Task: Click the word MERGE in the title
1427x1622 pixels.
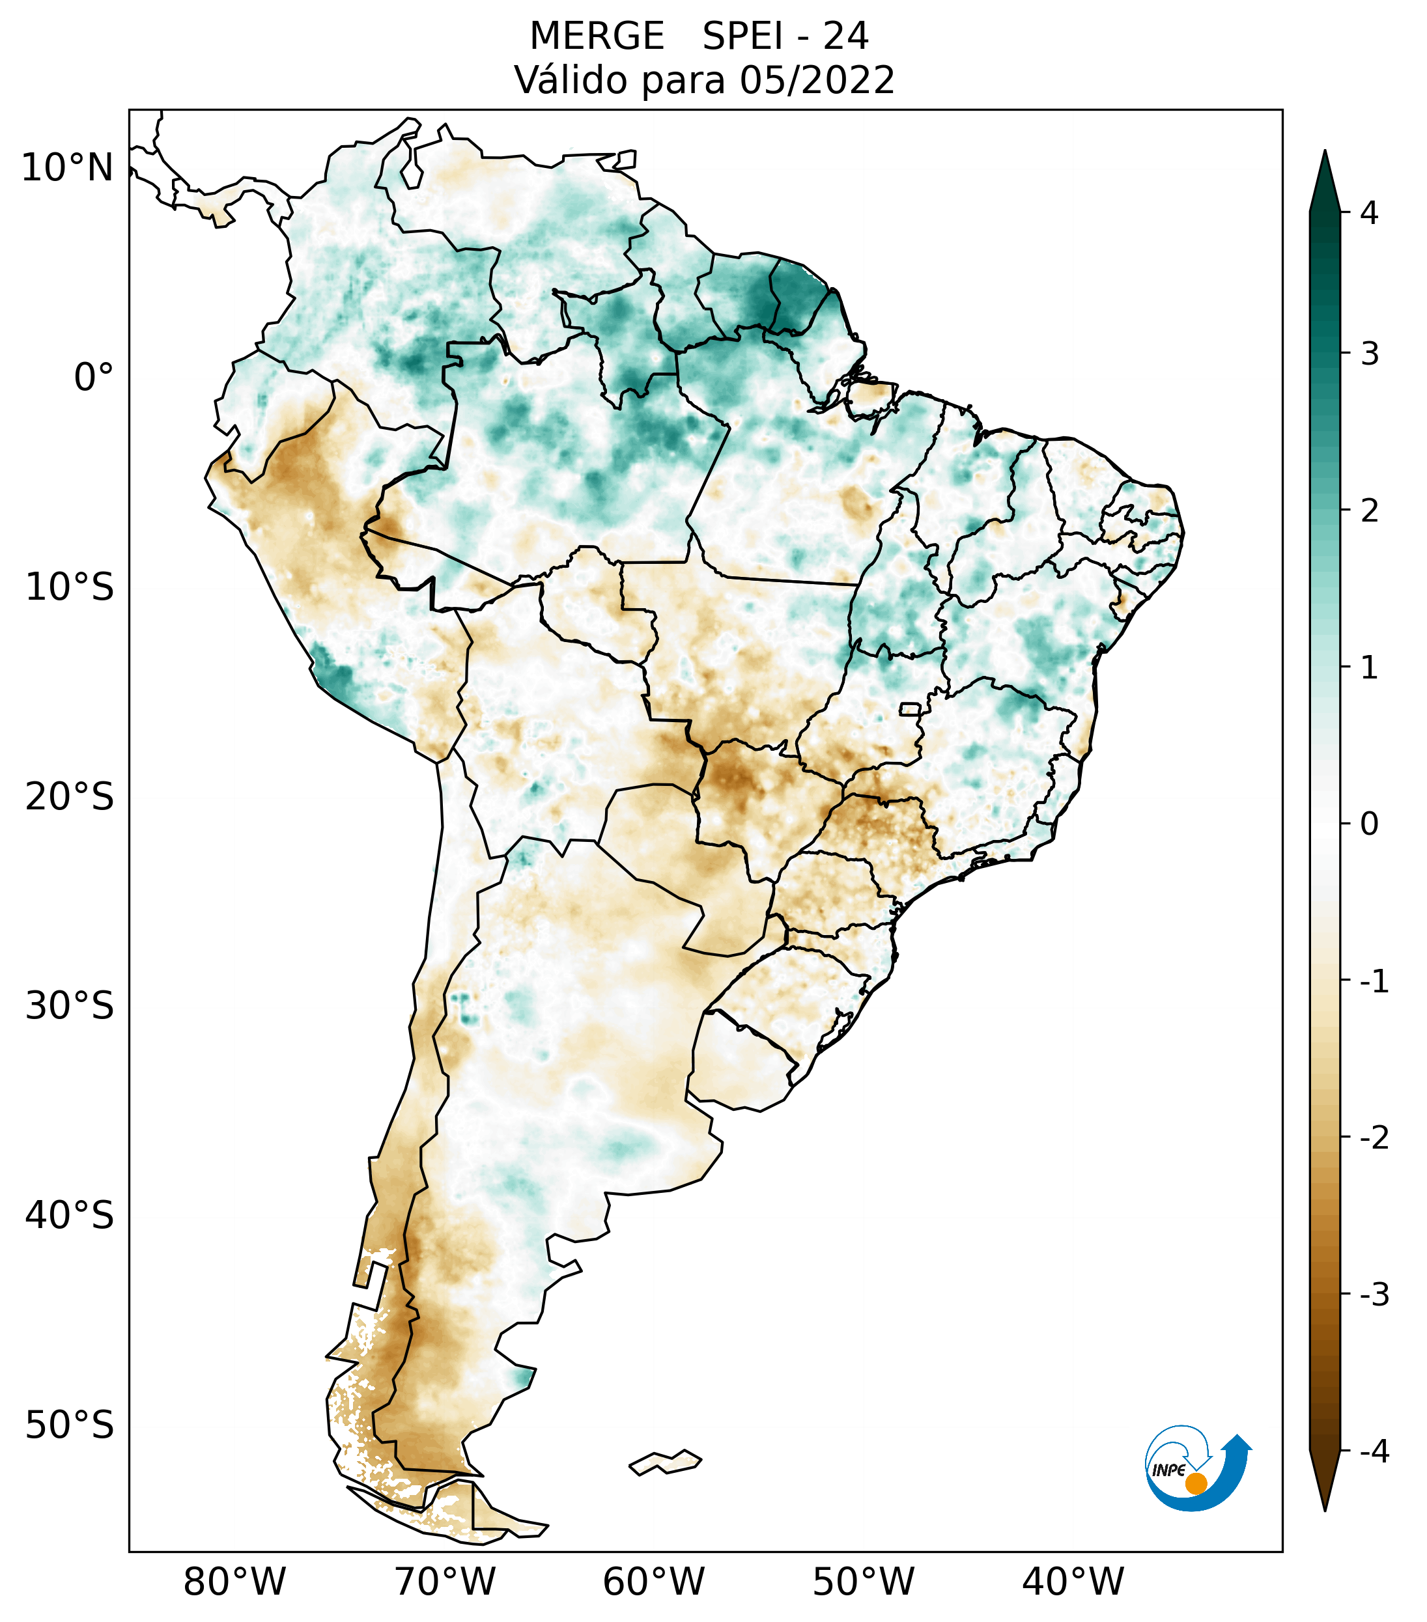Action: click(x=596, y=36)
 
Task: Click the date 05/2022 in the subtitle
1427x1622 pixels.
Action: click(x=817, y=80)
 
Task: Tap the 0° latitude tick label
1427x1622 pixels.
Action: click(x=94, y=378)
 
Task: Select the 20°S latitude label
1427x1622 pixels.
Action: click(x=70, y=797)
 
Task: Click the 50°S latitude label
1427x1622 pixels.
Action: click(x=70, y=1426)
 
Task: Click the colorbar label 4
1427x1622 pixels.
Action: click(x=1369, y=213)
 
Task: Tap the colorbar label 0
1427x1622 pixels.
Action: click(x=1369, y=824)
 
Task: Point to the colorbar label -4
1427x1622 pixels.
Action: click(x=1374, y=1452)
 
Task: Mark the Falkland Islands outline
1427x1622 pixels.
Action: click(x=665, y=1462)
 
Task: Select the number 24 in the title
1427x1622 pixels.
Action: click(x=845, y=36)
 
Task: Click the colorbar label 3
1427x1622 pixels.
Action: click(x=1369, y=354)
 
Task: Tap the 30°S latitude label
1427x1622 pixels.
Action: click(x=70, y=1006)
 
